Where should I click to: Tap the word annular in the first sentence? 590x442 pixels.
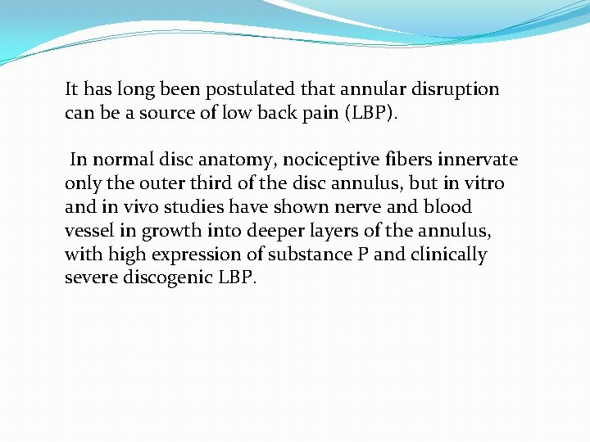point(372,89)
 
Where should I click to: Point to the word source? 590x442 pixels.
point(172,112)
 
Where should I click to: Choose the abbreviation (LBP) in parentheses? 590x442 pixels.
point(373,112)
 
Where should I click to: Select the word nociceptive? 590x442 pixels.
point(357,160)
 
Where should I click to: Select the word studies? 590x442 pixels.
point(188,207)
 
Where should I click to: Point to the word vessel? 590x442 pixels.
point(88,231)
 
